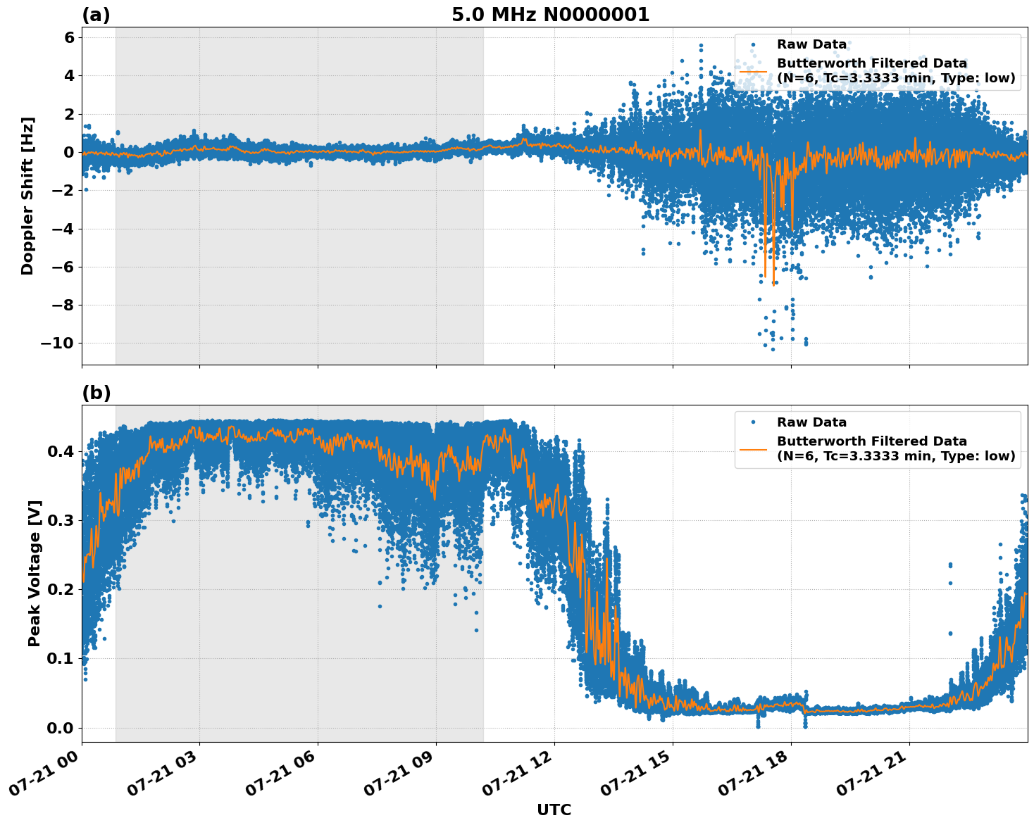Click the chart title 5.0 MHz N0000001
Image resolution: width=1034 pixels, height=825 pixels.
click(x=550, y=15)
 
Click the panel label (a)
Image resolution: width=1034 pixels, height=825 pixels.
click(x=96, y=15)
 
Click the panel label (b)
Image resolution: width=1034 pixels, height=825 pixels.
click(x=96, y=393)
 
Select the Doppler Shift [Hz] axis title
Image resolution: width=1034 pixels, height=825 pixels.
click(x=27, y=196)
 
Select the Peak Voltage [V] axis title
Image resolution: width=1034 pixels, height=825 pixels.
click(x=35, y=573)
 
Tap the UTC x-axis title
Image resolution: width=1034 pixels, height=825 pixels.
click(x=554, y=810)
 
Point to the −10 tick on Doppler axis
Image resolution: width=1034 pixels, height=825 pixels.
click(x=58, y=343)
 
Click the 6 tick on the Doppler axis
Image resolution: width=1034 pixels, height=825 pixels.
click(x=69, y=37)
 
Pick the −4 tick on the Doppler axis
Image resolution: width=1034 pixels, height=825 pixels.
click(x=63, y=229)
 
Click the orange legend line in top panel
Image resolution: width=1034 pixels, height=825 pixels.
click(x=753, y=71)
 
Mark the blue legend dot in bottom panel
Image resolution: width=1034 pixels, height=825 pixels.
click(x=753, y=422)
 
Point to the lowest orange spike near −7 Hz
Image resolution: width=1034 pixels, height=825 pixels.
click(x=773, y=284)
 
